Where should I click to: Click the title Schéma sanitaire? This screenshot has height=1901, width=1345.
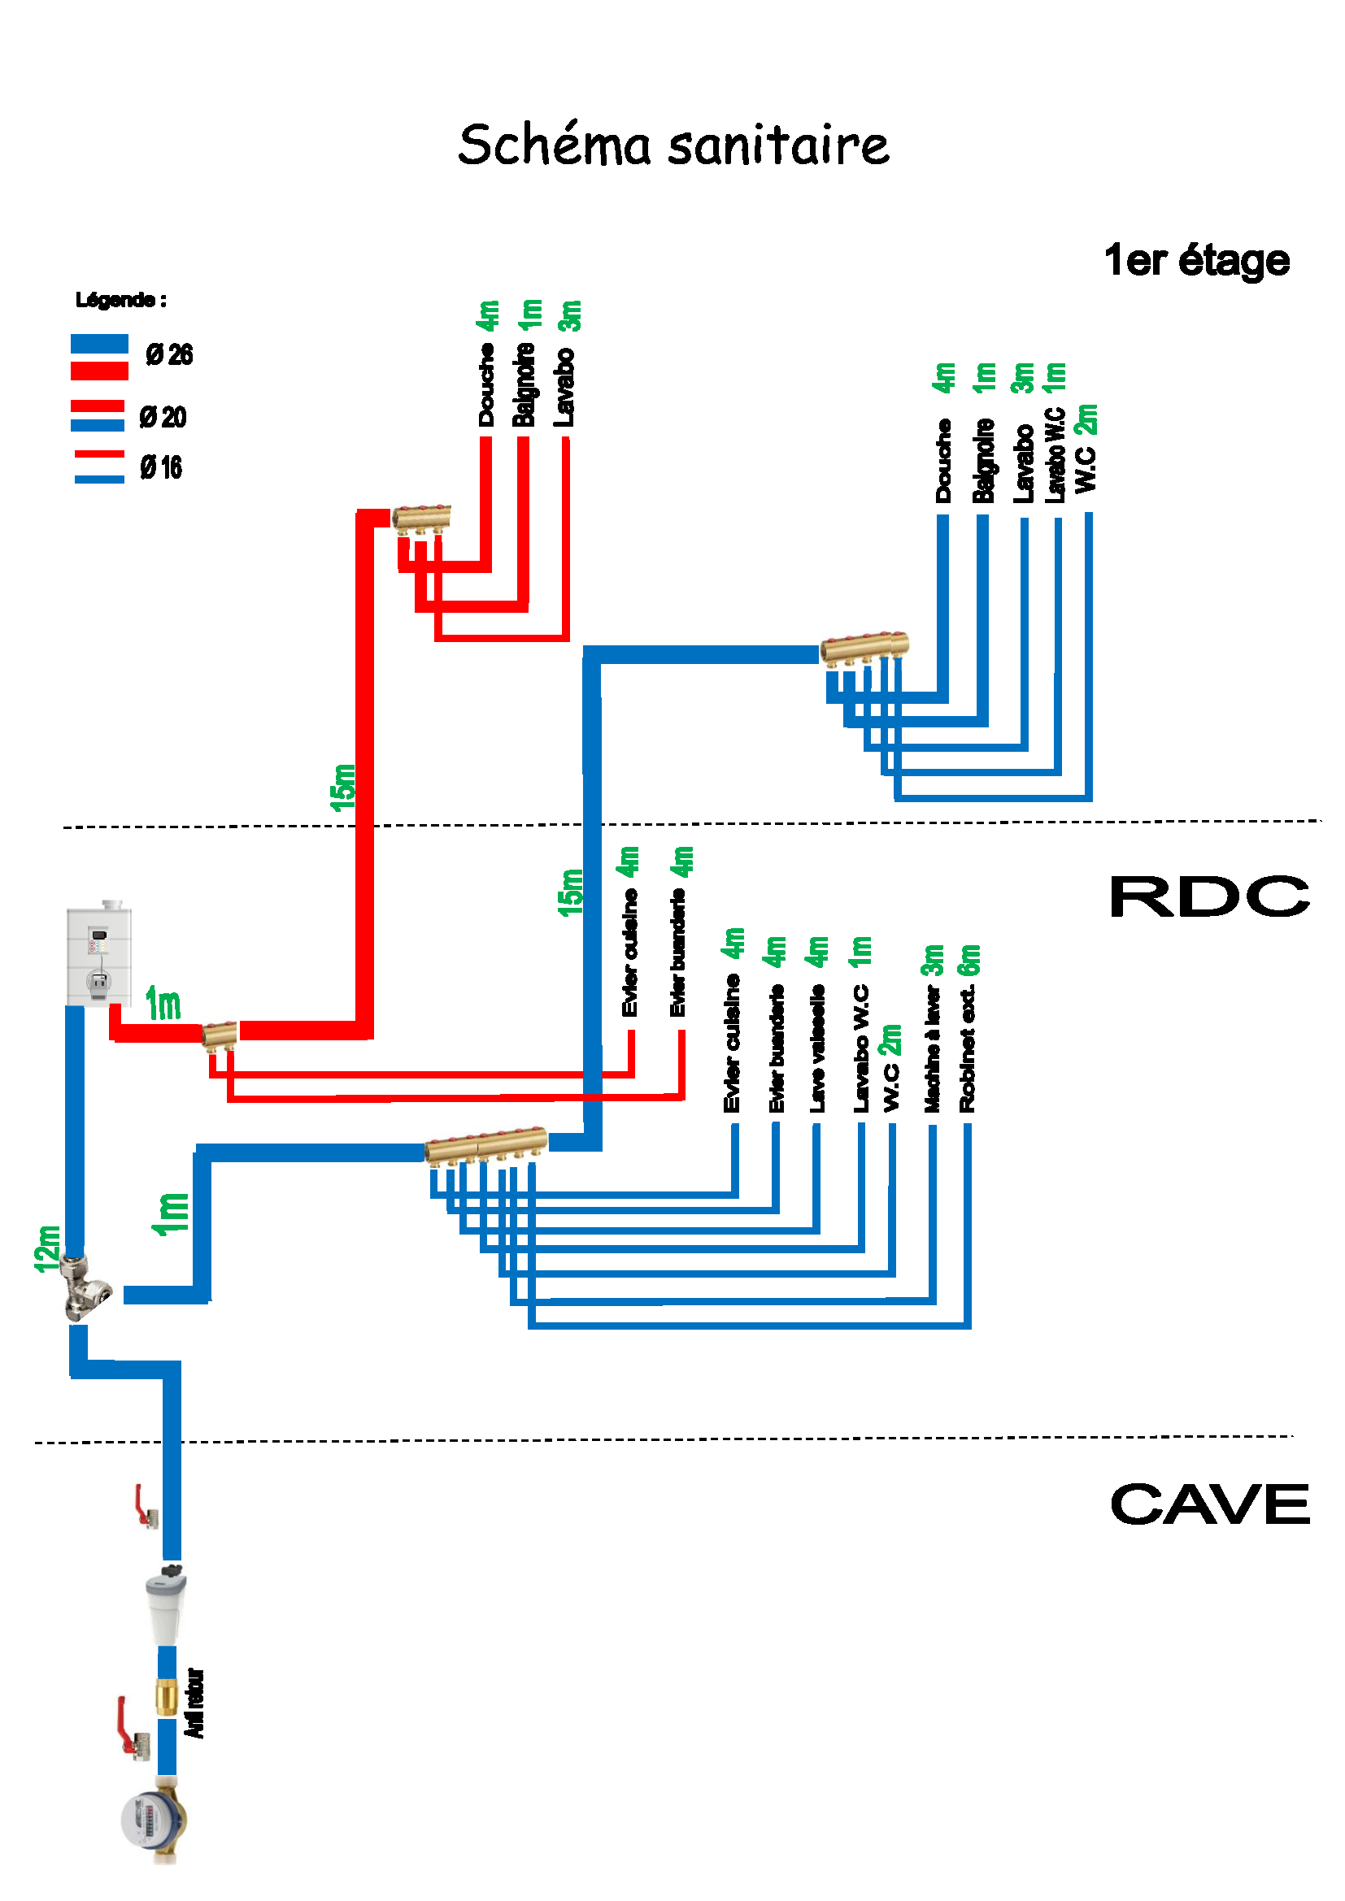[x=672, y=145]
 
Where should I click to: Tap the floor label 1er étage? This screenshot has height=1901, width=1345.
[x=1196, y=261]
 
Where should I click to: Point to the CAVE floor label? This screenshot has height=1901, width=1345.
[x=1209, y=1504]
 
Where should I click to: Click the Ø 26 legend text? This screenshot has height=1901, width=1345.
[x=169, y=355]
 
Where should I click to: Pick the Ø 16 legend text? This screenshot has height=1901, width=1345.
[x=161, y=468]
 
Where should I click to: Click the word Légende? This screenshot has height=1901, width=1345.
[x=120, y=300]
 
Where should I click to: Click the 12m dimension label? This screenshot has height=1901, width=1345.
[x=47, y=1248]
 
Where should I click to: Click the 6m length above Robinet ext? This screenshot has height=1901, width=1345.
[x=968, y=961]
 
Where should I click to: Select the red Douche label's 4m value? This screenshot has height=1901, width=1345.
[x=487, y=315]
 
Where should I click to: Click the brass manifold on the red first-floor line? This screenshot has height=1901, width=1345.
[x=420, y=519]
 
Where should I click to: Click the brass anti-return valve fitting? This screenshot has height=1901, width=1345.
[x=167, y=1696]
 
